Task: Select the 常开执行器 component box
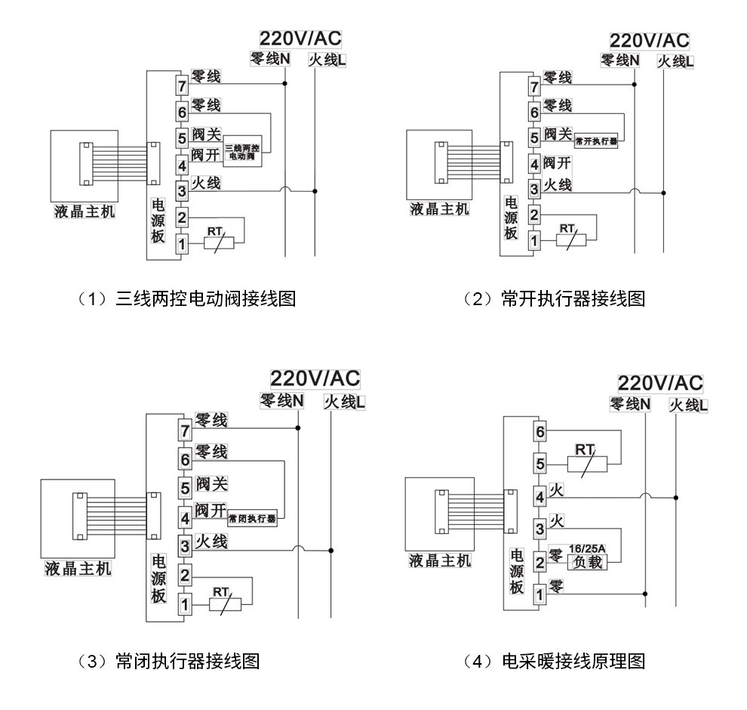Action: pos(596,140)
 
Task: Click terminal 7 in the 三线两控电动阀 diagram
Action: pos(182,85)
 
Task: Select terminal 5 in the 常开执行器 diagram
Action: pos(534,138)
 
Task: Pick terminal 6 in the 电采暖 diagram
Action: pos(539,432)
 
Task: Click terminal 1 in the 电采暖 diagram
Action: pos(539,594)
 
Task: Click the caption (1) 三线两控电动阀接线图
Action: pos(186,298)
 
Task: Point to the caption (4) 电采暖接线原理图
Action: pos(555,662)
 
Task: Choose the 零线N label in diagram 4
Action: pos(630,406)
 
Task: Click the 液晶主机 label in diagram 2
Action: pos(439,208)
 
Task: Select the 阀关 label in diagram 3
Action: pos(211,483)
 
